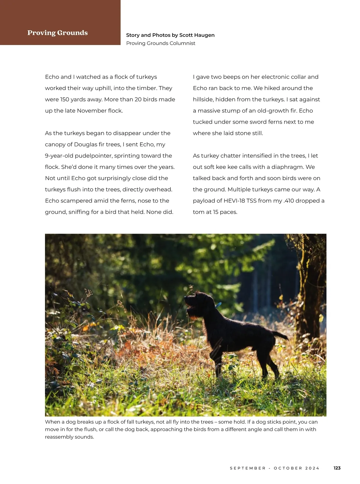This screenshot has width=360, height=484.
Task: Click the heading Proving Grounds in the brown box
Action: tap(58, 33)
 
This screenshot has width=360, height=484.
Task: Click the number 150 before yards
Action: tap(64, 99)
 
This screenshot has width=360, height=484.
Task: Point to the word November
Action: tap(91, 111)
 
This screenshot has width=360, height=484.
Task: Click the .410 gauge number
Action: tap(289, 201)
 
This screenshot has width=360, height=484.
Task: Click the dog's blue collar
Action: tap(218, 305)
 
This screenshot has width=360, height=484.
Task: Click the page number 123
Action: tap(337, 468)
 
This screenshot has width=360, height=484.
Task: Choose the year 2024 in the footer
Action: tap(312, 468)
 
